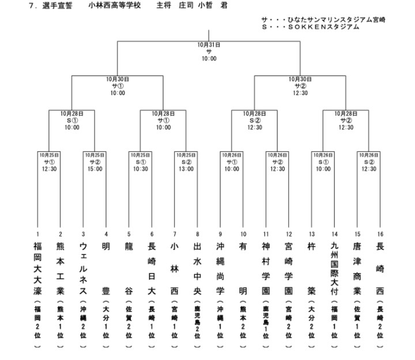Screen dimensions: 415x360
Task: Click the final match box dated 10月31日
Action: coord(209,51)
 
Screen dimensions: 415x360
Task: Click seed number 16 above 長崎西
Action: coord(380,234)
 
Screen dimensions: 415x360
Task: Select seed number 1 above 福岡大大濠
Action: coord(37,234)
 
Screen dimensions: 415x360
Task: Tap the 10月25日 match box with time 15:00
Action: coord(95,162)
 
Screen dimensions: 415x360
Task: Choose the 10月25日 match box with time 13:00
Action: coord(186,162)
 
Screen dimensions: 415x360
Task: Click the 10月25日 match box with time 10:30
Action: coord(140,162)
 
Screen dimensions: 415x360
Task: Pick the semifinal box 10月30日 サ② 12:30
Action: coord(300,85)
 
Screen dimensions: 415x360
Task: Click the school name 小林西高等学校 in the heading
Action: coord(114,5)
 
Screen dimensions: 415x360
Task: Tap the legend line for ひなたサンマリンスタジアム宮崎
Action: coord(323,20)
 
